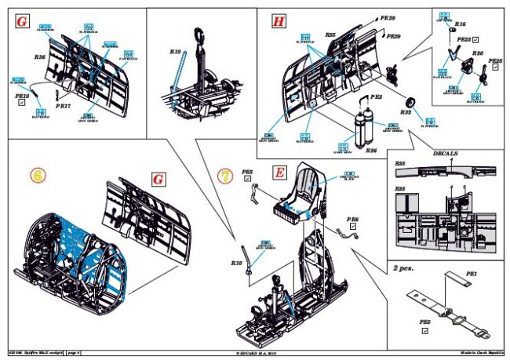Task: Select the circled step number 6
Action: click(36, 176)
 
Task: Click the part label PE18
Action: click(21, 94)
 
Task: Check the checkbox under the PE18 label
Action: click(21, 103)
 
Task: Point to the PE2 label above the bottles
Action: click(375, 96)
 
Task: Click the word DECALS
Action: click(448, 153)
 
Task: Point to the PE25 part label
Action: click(495, 60)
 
